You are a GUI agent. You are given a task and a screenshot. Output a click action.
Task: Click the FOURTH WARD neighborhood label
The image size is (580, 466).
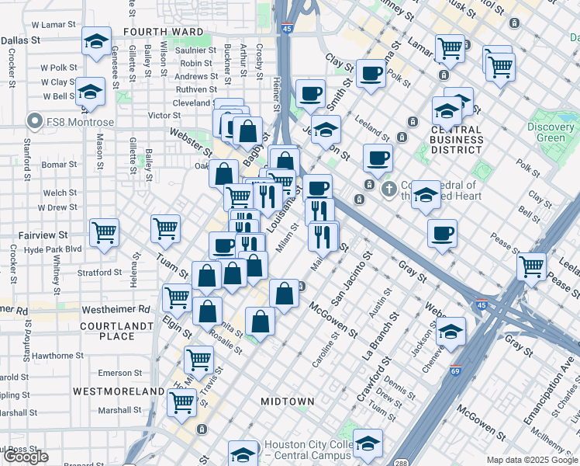point(162,33)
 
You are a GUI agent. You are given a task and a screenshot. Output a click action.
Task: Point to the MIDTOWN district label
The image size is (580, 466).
point(287,402)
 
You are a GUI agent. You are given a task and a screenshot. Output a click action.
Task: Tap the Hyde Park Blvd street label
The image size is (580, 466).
point(52,249)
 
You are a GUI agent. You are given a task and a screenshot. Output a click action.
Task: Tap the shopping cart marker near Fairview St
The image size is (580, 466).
point(104,231)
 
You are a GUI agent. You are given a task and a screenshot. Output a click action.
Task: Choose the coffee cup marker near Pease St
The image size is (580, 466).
point(442,232)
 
